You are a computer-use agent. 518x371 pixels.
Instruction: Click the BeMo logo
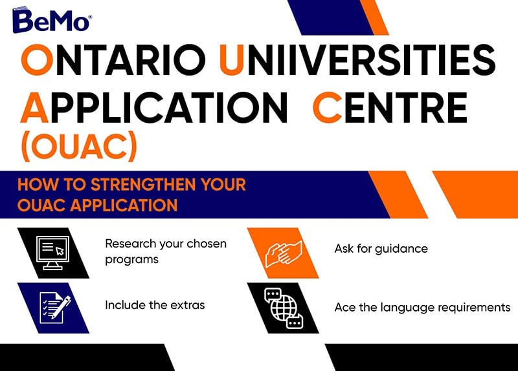tap(52, 20)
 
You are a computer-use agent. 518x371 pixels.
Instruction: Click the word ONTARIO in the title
tap(113, 59)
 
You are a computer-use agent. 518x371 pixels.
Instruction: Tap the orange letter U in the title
tap(232, 59)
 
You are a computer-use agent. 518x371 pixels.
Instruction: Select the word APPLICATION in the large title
tap(154, 108)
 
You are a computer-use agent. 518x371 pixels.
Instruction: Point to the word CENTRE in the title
tap(390, 108)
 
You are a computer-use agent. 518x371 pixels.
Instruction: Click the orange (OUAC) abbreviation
tap(79, 146)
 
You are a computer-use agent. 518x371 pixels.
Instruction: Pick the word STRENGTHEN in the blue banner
tap(143, 184)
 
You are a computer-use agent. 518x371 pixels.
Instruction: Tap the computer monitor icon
tap(53, 253)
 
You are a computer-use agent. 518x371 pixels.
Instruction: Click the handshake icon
tap(284, 253)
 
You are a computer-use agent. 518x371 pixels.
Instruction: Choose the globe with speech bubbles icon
tap(284, 308)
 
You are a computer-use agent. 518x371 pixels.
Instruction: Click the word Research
tap(131, 244)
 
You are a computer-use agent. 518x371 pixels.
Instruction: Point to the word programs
tap(132, 260)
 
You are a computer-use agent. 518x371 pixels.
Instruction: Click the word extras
tap(188, 305)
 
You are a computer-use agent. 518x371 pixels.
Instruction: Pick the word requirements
tap(474, 308)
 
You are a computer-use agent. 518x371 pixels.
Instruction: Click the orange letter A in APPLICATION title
tap(35, 108)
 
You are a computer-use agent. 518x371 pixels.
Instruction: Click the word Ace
tap(345, 308)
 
